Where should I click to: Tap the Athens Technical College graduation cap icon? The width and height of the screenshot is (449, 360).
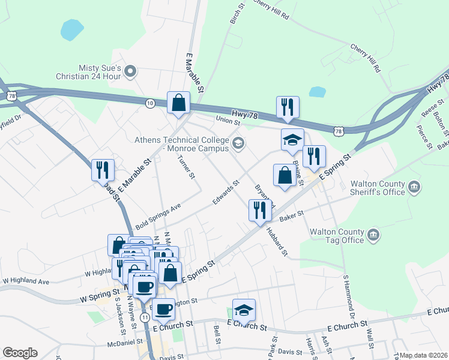[x=238, y=143]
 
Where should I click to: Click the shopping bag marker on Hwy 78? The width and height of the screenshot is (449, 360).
[x=178, y=103]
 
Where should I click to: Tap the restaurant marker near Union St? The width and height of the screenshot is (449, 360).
[x=288, y=107]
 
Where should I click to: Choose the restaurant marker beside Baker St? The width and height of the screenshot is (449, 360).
[x=259, y=210]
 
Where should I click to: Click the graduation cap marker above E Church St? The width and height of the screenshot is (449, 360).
[x=244, y=310]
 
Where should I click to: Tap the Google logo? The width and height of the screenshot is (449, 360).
[x=20, y=353]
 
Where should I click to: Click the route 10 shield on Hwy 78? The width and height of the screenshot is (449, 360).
[x=149, y=103]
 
